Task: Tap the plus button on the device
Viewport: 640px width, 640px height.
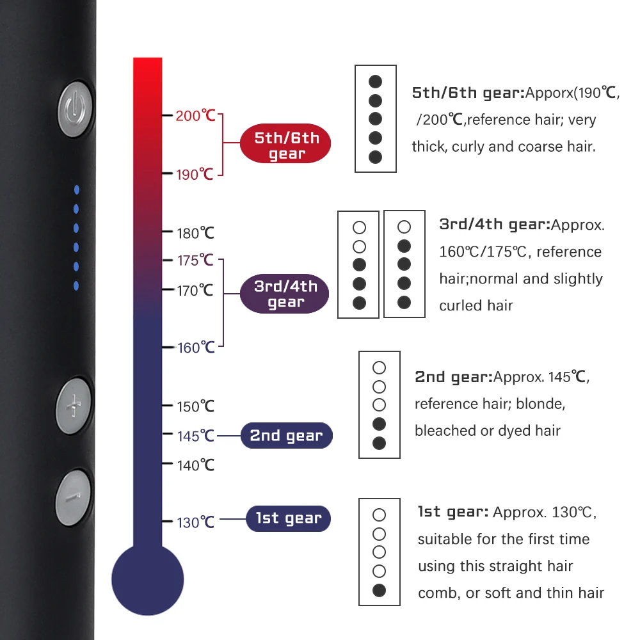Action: click(74, 405)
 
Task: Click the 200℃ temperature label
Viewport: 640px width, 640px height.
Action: click(195, 116)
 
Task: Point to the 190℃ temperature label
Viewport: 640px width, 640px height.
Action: click(195, 173)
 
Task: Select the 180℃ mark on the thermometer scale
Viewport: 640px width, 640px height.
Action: click(195, 232)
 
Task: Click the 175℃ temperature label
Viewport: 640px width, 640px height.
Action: click(195, 260)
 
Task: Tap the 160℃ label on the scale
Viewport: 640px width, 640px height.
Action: click(195, 348)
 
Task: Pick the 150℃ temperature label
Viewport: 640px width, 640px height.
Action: click(195, 406)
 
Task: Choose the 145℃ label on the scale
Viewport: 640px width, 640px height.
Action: click(195, 435)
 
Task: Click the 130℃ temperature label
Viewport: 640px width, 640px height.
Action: click(195, 522)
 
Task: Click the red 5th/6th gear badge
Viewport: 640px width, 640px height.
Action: click(286, 145)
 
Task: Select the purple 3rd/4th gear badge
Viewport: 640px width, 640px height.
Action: click(285, 294)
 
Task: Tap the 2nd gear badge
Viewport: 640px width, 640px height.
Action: click(286, 436)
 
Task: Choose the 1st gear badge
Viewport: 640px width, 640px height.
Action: click(289, 518)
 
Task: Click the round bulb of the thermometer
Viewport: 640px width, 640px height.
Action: click(148, 579)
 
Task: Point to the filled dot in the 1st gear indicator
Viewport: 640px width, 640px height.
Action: click(379, 590)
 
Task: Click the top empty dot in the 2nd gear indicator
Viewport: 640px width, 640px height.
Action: click(379, 367)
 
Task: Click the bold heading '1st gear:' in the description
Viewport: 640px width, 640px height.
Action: click(453, 512)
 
